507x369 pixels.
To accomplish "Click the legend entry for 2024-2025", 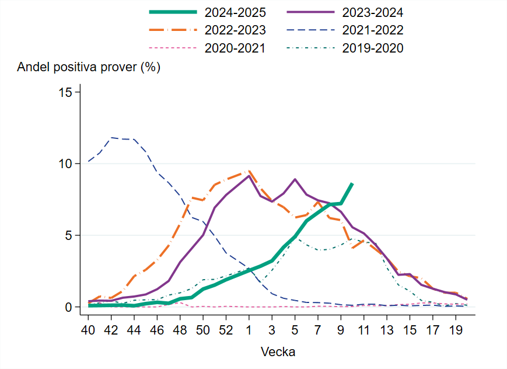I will click(233, 11).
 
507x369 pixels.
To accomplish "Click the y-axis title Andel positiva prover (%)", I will click(89, 67).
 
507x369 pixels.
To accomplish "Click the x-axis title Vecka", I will click(278, 352).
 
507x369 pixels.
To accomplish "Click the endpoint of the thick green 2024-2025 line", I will click(352, 183).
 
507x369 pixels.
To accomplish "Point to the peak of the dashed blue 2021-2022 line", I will click(111, 138).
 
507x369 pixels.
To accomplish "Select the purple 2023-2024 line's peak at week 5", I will click(295, 179).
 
